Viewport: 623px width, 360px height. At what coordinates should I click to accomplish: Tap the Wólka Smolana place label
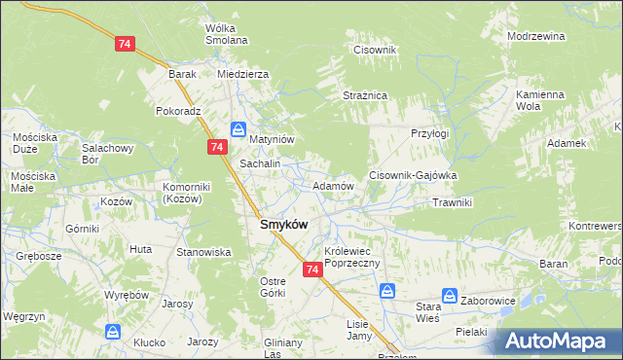click(x=226, y=34)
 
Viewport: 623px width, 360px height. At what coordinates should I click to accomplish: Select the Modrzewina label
click(x=536, y=36)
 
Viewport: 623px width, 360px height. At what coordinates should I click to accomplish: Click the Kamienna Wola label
click(x=540, y=100)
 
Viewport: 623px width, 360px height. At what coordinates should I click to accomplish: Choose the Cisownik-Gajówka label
click(x=413, y=175)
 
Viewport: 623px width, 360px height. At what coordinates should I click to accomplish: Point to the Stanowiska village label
click(x=202, y=252)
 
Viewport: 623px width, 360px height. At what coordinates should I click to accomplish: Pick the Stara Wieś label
click(x=421, y=311)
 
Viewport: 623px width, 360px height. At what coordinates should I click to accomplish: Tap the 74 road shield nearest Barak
click(x=125, y=44)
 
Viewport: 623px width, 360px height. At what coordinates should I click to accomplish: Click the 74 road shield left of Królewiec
click(x=311, y=269)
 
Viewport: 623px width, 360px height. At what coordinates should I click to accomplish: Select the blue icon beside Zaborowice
click(x=450, y=295)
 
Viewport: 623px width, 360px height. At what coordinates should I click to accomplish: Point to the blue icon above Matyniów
click(x=238, y=128)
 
